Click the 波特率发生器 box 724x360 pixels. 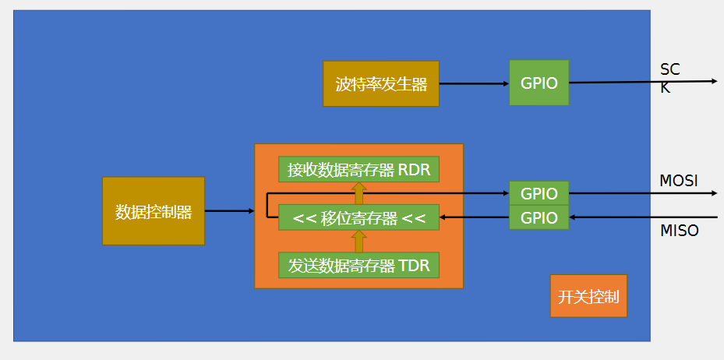click(x=381, y=83)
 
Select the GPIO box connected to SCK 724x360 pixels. click(x=539, y=83)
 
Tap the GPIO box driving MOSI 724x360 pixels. click(x=539, y=193)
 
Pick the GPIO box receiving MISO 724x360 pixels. click(x=539, y=217)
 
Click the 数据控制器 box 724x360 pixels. click(x=154, y=211)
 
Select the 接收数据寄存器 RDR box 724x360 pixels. click(x=358, y=169)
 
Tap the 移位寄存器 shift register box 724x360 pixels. click(x=358, y=217)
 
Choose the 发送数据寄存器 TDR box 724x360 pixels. click(x=358, y=266)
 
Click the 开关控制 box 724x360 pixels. click(x=588, y=296)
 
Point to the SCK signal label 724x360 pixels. click(x=669, y=78)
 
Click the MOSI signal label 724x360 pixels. click(x=678, y=181)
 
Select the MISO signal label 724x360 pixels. click(x=680, y=231)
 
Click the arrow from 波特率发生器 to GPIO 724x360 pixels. click(x=474, y=83)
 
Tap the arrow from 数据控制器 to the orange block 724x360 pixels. click(x=229, y=211)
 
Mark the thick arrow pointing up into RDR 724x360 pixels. click(x=358, y=193)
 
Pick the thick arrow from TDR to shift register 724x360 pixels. click(x=358, y=242)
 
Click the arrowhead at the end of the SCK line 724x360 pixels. click(x=715, y=81)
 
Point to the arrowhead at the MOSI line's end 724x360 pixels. click(x=715, y=193)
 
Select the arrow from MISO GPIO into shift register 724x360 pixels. click(x=474, y=217)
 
